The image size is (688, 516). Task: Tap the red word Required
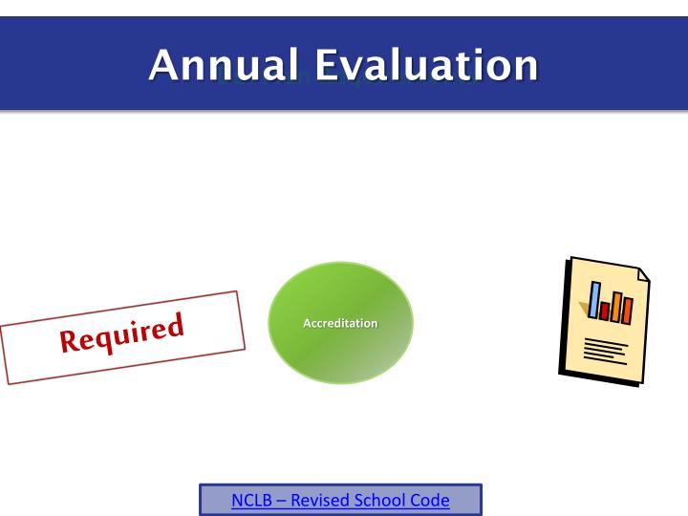pos(121,333)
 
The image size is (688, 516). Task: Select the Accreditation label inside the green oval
pos(340,323)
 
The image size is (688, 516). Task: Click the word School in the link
pos(385,500)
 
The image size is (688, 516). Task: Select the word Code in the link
pos(432,500)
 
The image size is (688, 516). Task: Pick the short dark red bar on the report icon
pos(605,311)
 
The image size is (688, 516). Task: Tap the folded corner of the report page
pos(642,274)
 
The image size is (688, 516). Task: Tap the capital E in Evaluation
pos(328,65)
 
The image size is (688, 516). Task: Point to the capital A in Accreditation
pos(307,323)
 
